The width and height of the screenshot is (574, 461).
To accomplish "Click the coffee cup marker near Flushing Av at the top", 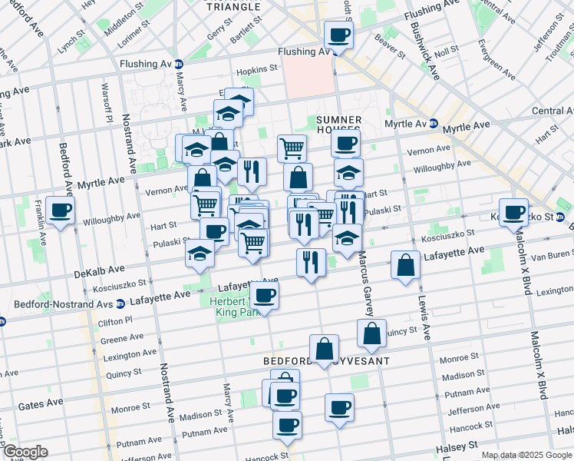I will (x=338, y=34).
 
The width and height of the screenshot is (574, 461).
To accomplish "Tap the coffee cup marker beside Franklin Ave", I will (x=60, y=210).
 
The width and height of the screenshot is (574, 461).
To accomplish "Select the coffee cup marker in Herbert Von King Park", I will (x=265, y=294).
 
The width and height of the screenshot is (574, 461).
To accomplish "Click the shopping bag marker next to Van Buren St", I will (x=404, y=265).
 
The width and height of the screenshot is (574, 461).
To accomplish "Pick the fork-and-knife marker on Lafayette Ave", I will (x=310, y=262).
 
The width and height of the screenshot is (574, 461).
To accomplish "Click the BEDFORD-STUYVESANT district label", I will (x=327, y=360).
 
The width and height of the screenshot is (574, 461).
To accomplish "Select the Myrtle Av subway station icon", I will (x=433, y=124).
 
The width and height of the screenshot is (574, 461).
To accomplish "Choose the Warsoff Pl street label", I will (x=108, y=111).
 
